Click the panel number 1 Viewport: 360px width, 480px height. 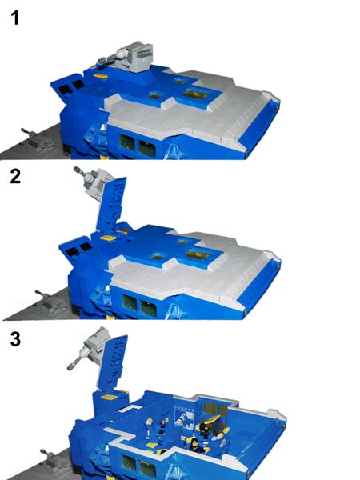(x=14, y=18)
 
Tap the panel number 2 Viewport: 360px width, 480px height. (x=15, y=177)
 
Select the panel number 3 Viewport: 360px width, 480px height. (x=15, y=339)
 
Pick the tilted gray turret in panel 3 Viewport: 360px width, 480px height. (x=90, y=348)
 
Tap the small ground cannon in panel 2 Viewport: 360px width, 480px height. (x=51, y=302)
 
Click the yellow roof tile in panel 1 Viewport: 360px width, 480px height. (x=101, y=76)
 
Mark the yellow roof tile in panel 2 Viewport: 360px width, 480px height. (x=108, y=238)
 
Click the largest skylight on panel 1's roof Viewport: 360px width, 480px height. (x=196, y=94)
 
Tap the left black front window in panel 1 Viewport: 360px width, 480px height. (x=65, y=90)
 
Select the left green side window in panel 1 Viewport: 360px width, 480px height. (x=127, y=142)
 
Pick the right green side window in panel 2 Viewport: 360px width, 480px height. (x=149, y=309)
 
